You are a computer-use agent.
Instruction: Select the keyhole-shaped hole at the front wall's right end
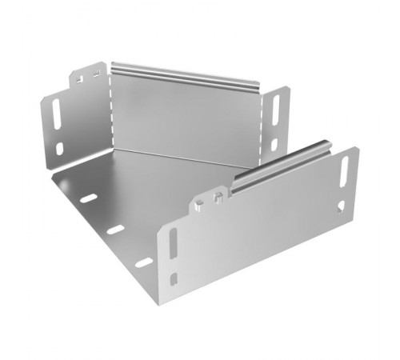[x=342, y=206]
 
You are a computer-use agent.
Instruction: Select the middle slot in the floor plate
[x=115, y=229]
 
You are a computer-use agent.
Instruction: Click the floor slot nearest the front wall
[x=144, y=262]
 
